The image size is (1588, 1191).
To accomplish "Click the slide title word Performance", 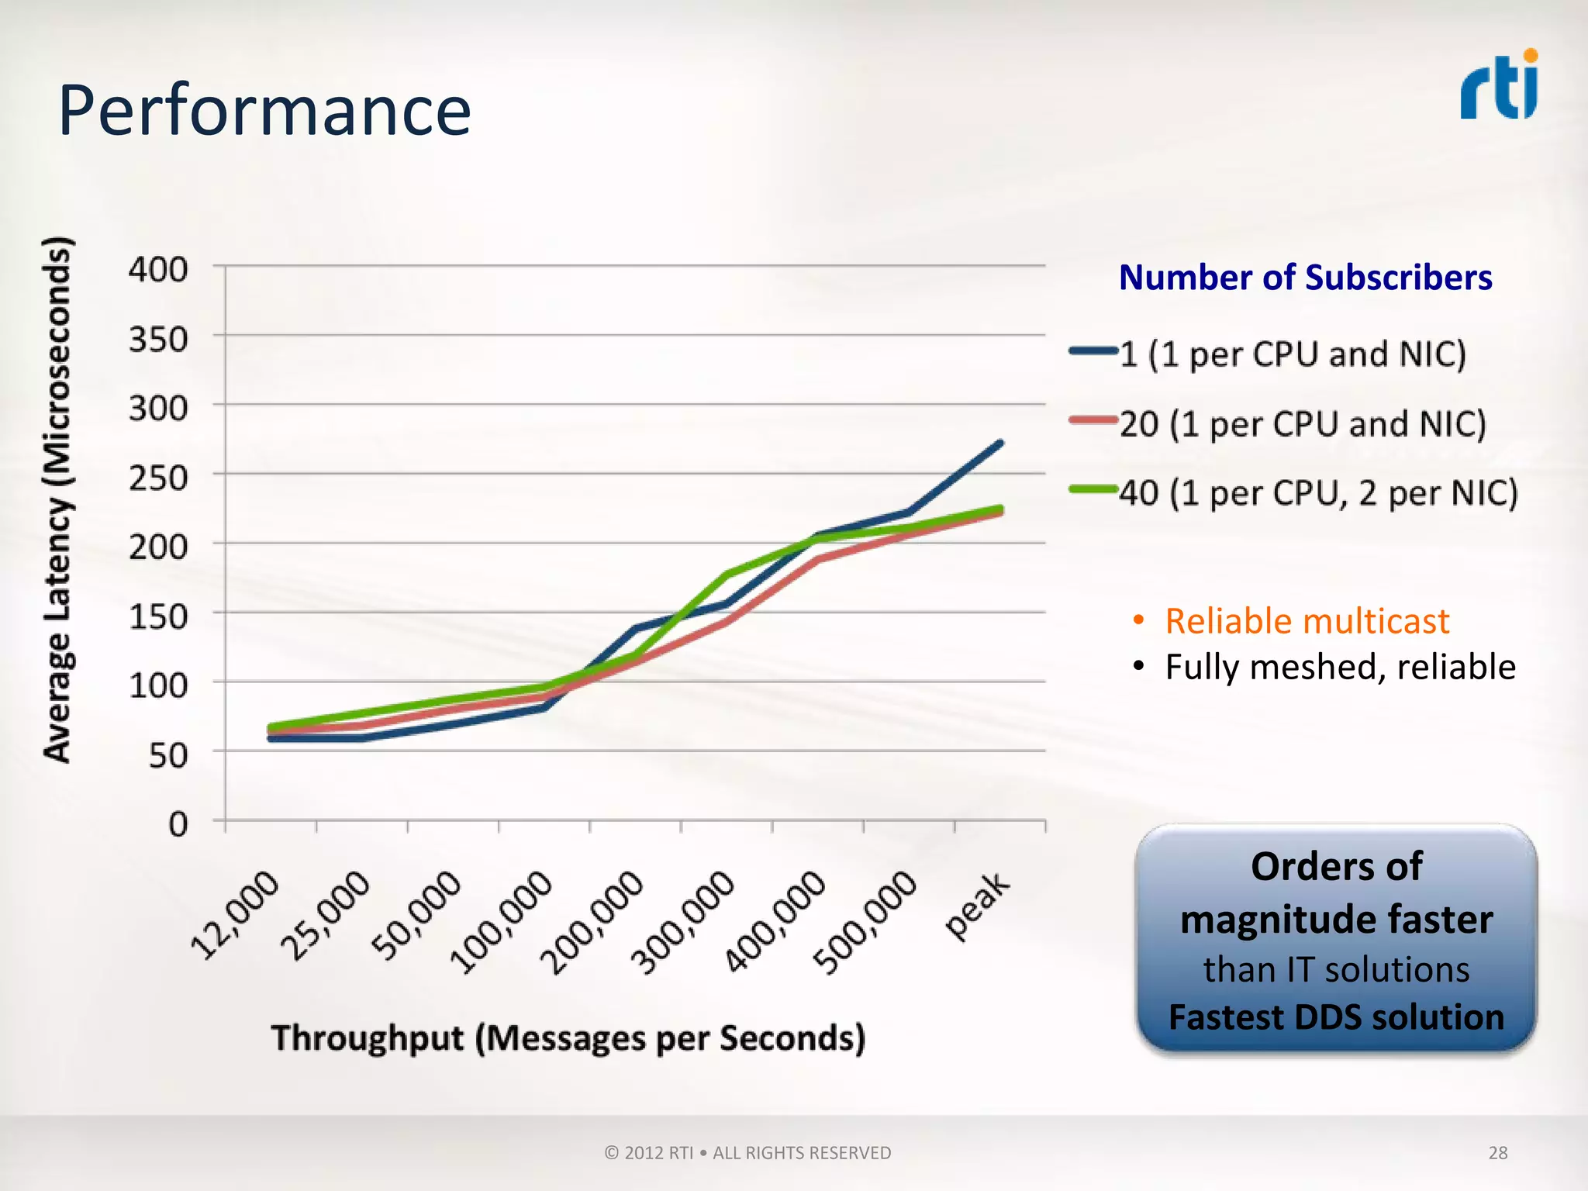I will coord(264,110).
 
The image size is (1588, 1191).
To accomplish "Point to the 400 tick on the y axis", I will coord(158,270).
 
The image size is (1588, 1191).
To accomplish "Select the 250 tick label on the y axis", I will coord(158,478).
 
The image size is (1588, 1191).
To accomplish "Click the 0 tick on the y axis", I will coord(178,823).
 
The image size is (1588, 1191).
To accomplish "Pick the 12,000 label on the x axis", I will coord(235,915).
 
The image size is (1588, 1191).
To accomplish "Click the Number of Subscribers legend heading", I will coord(1305,278).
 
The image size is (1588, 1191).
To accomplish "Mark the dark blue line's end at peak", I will coord(999,444).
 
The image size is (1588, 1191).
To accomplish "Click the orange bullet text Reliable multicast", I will coord(1307,621).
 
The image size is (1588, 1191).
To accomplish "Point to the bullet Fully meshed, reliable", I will coord(1339,667).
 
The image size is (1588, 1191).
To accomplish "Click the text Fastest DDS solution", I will coord(1336,1017).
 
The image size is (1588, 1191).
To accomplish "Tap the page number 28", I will coord(1497,1153).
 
